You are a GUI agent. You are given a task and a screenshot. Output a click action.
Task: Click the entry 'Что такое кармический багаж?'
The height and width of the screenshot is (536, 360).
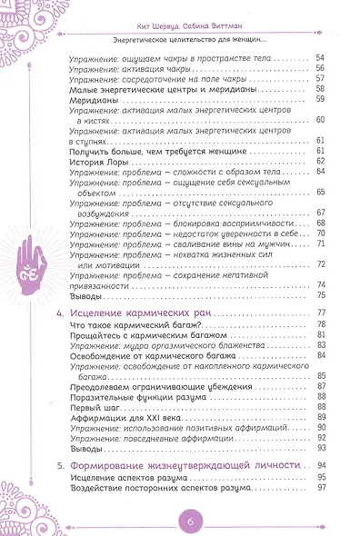130,325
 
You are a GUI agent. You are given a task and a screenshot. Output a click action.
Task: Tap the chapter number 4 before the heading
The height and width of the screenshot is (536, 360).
59,313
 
